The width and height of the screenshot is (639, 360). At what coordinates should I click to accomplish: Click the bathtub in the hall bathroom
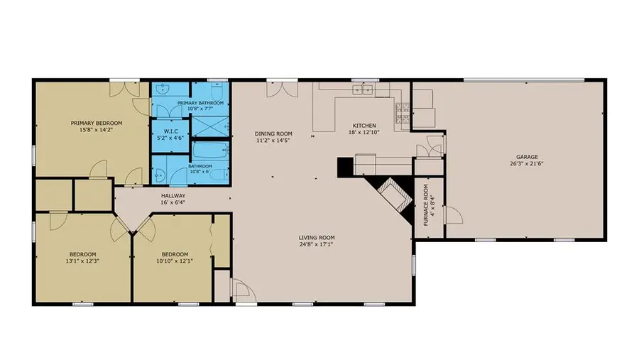[210, 151]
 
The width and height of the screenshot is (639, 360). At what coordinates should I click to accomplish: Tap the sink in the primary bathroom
[163, 89]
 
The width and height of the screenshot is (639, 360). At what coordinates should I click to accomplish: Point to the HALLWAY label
[173, 195]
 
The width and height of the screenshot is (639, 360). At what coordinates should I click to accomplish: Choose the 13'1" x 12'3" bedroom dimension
[82, 261]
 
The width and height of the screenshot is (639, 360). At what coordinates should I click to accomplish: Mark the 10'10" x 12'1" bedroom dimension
[175, 261]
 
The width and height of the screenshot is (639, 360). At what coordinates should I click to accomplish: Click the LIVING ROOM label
[317, 238]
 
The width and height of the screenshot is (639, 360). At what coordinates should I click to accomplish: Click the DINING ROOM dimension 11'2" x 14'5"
[273, 140]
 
